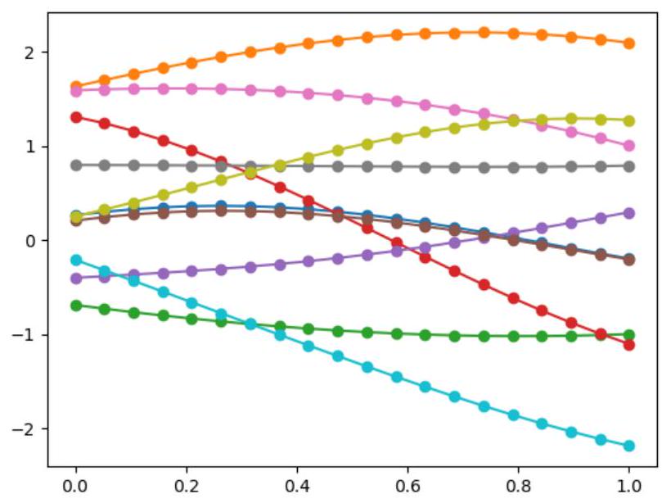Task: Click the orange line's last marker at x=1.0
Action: [628, 43]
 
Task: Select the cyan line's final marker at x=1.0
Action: [628, 446]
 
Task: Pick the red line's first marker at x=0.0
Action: [76, 117]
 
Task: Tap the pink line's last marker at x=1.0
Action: [628, 146]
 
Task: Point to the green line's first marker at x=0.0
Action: [76, 306]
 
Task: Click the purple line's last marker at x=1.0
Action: [628, 213]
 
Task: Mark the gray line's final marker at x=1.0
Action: [628, 166]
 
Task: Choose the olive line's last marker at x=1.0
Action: [628, 120]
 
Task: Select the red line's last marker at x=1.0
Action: [628, 345]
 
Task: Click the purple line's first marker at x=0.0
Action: [76, 279]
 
